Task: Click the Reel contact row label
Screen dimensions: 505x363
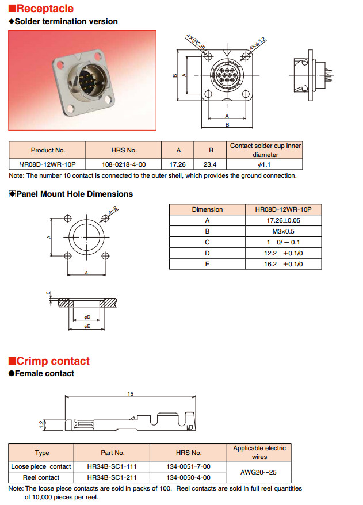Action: [41, 477]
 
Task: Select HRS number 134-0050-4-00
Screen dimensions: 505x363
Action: [188, 477]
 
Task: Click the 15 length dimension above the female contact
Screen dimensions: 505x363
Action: [131, 394]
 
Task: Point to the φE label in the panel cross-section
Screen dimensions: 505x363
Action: [87, 326]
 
